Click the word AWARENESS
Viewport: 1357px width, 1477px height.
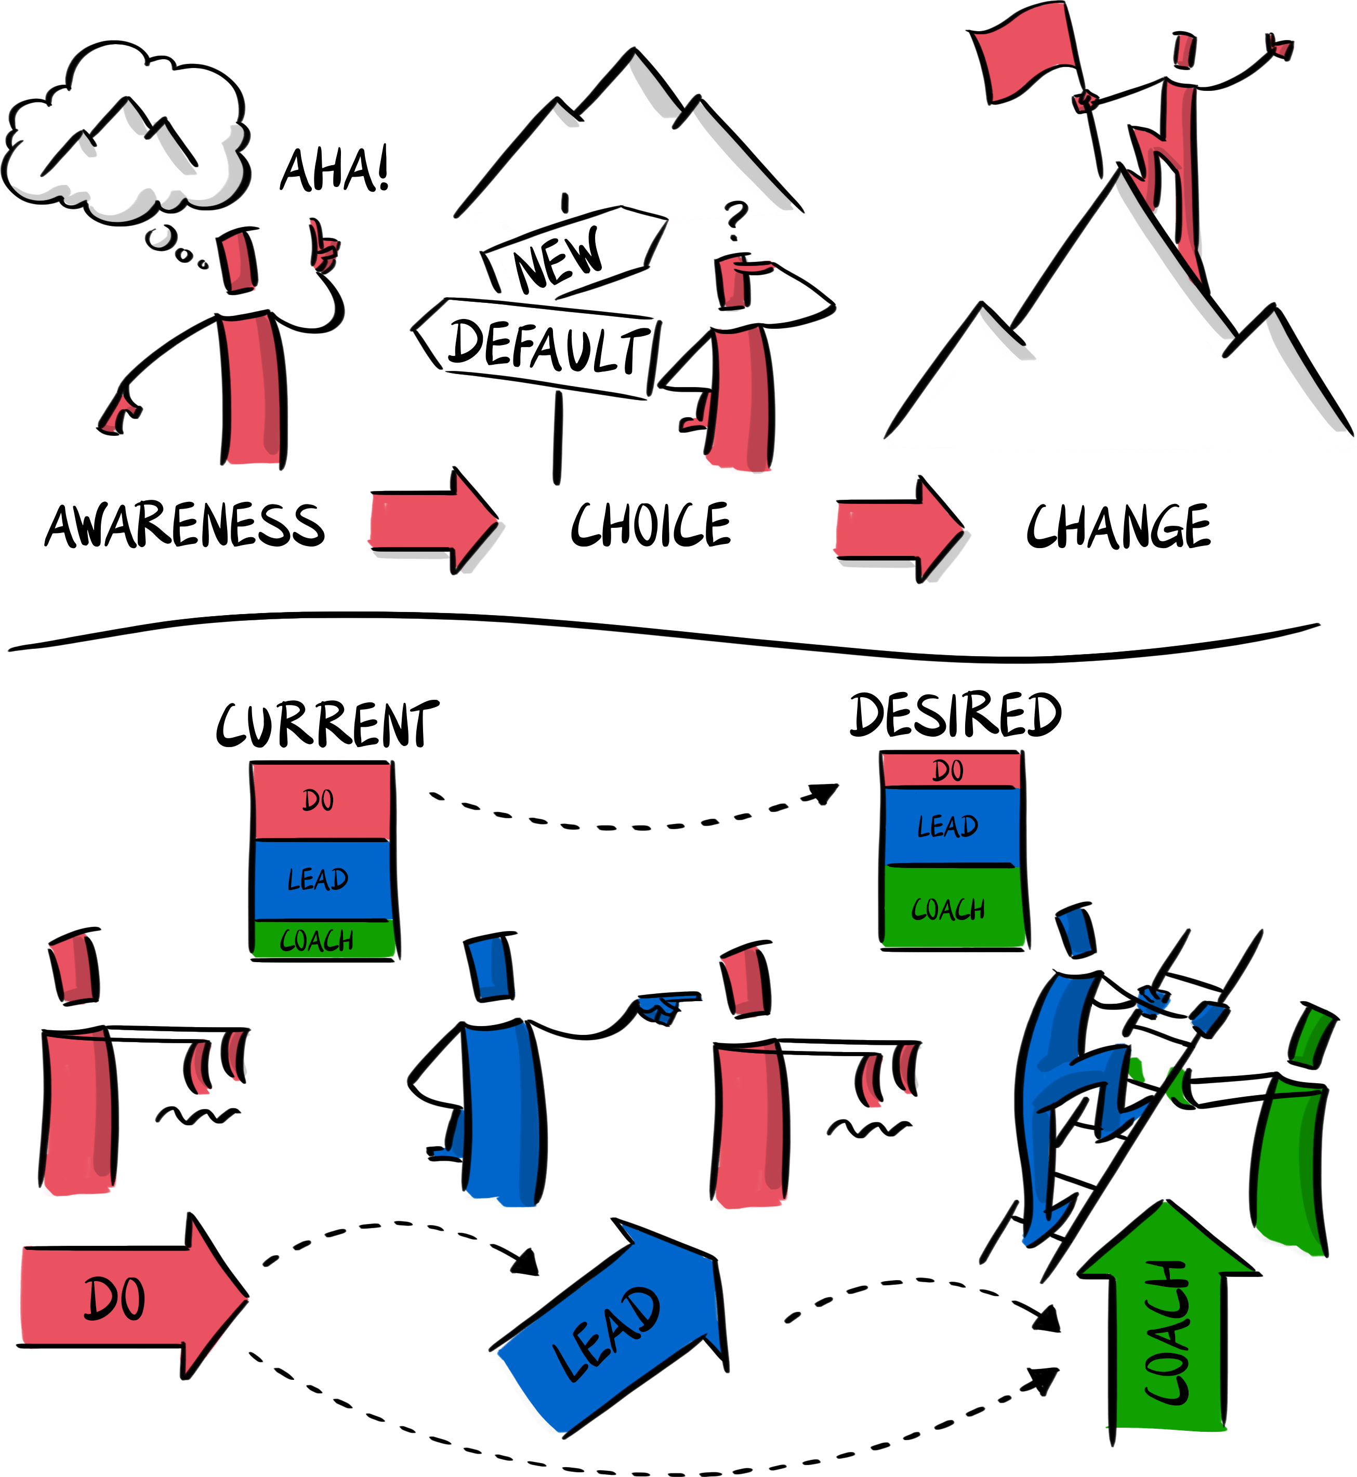[x=185, y=526]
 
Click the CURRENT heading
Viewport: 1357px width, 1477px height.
[x=327, y=725]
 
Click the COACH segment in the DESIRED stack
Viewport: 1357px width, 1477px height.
[x=951, y=908]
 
